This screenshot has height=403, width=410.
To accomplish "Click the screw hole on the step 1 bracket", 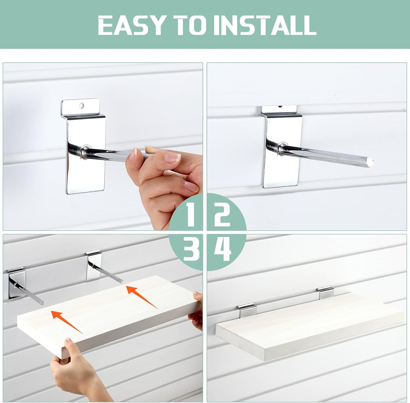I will click(81, 106).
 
